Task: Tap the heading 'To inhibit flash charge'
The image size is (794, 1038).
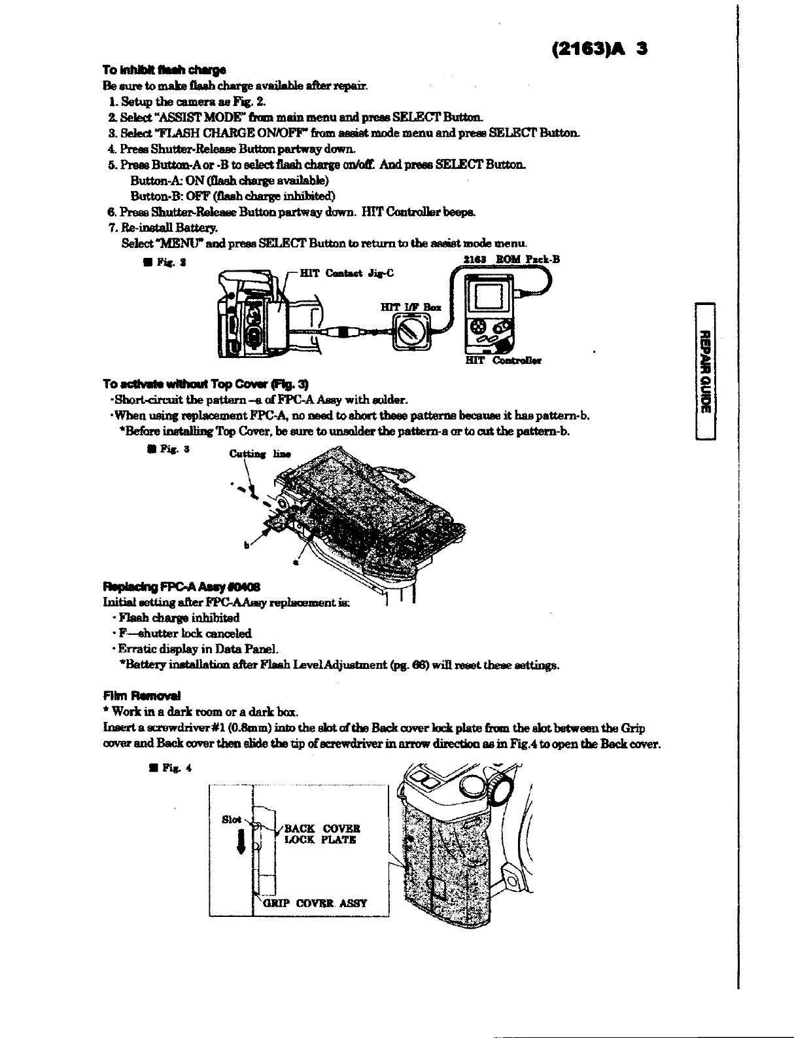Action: [x=164, y=70]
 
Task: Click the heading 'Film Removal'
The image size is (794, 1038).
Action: [x=141, y=696]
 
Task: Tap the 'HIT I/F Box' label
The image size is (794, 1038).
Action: [x=410, y=306]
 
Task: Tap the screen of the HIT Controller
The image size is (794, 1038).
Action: [x=487, y=300]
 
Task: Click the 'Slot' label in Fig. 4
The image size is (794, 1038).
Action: [x=232, y=819]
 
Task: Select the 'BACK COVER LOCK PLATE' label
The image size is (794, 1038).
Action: [x=320, y=834]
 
